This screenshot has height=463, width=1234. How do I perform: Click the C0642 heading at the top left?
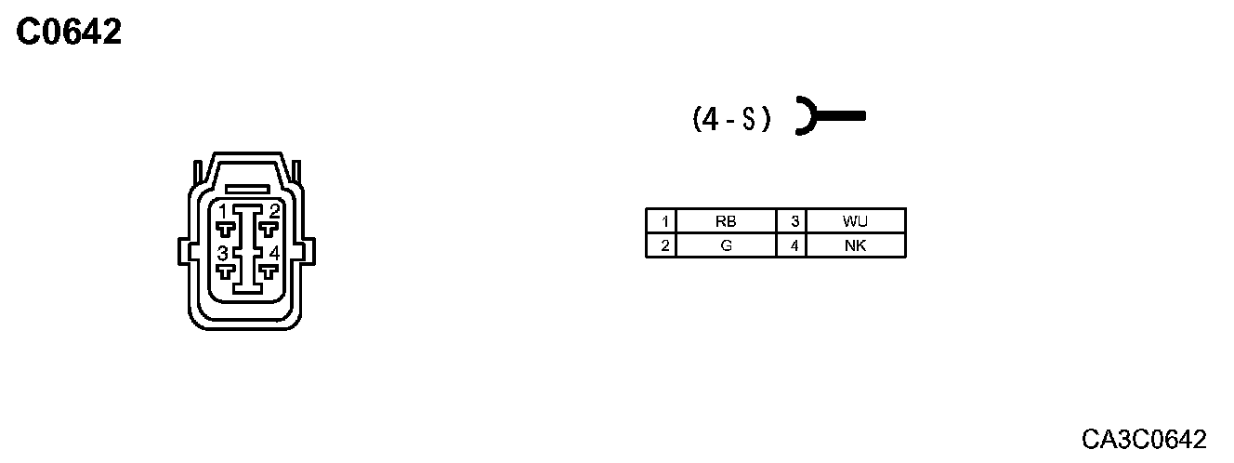(x=70, y=33)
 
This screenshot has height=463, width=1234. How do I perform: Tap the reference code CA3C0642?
(x=1144, y=439)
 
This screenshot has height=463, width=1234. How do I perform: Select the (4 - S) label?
(x=731, y=119)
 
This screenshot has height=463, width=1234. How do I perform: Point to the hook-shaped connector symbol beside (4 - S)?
(x=827, y=117)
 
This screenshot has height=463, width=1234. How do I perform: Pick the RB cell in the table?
(x=726, y=221)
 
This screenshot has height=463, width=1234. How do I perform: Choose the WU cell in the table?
(x=855, y=221)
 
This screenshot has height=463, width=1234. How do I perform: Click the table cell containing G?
(x=726, y=245)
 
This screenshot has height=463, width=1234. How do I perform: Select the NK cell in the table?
(x=855, y=245)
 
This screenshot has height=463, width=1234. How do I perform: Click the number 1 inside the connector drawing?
(x=223, y=211)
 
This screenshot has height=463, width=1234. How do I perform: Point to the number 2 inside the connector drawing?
(x=273, y=211)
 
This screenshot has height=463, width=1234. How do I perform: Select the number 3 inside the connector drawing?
(x=223, y=253)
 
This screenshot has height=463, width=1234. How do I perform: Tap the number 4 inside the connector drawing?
(x=273, y=253)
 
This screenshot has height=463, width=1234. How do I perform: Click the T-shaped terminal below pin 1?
(x=225, y=229)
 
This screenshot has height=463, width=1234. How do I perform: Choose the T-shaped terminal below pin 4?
(x=269, y=271)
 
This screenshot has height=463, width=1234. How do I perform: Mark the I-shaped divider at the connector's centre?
(x=247, y=249)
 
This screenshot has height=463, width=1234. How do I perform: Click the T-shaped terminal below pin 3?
(x=225, y=271)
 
